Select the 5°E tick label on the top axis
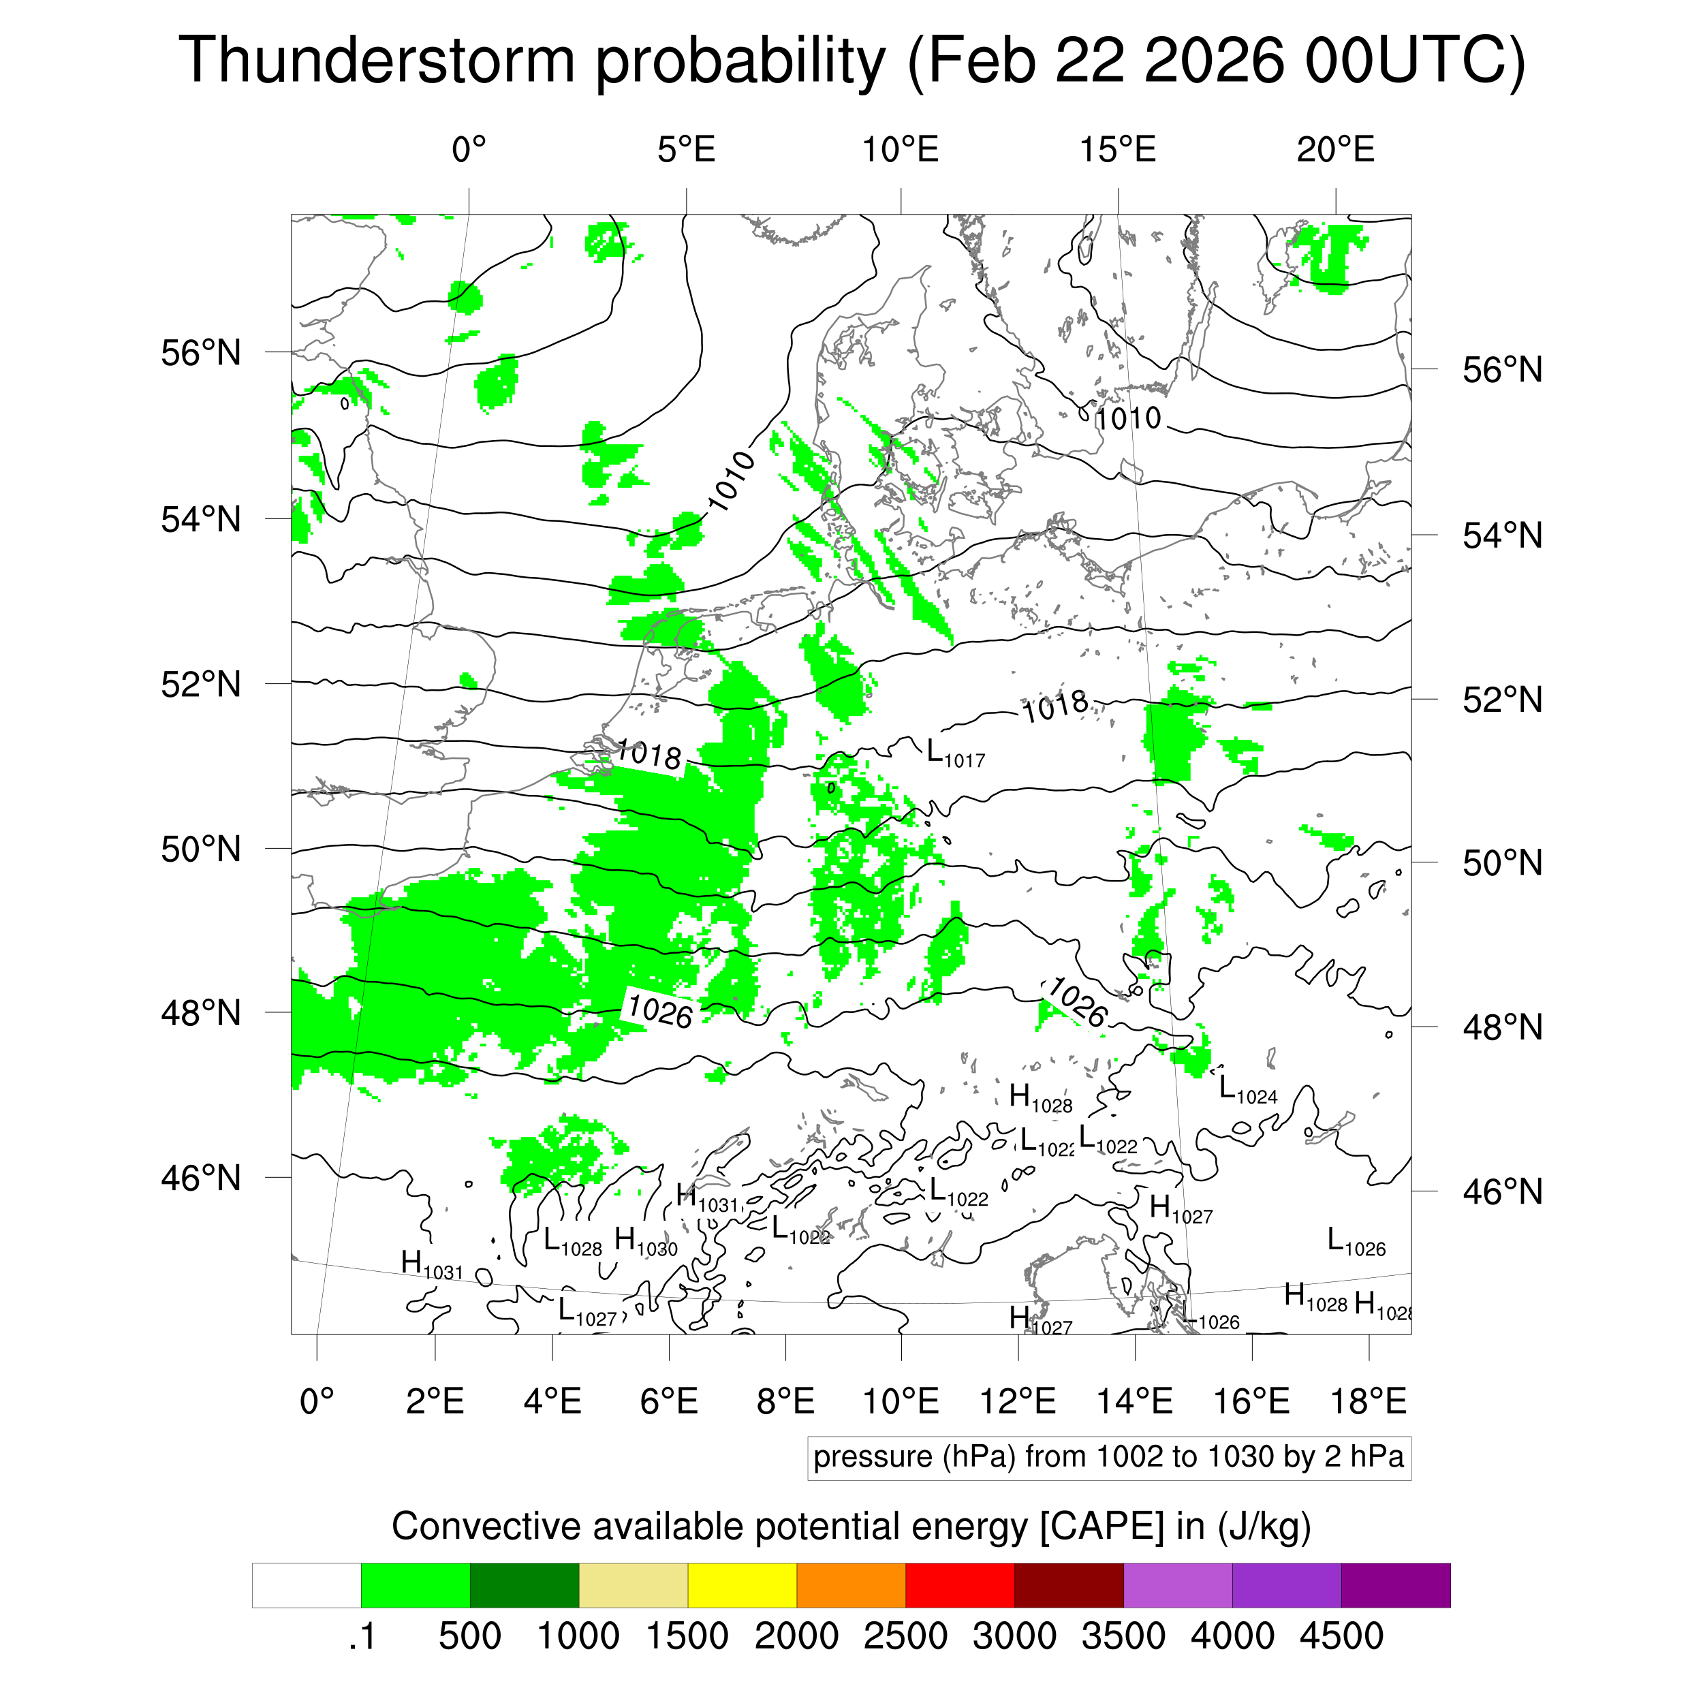(686, 151)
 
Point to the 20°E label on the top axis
(1334, 151)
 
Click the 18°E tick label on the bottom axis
(1368, 1401)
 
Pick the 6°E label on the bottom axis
(669, 1401)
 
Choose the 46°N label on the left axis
(201, 1178)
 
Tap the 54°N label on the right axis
(1502, 536)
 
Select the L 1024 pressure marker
(1247, 1091)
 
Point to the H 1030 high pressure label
(645, 1241)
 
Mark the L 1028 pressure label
(572, 1242)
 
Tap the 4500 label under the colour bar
(1341, 1636)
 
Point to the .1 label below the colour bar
(362, 1636)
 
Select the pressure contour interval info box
(1108, 1457)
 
